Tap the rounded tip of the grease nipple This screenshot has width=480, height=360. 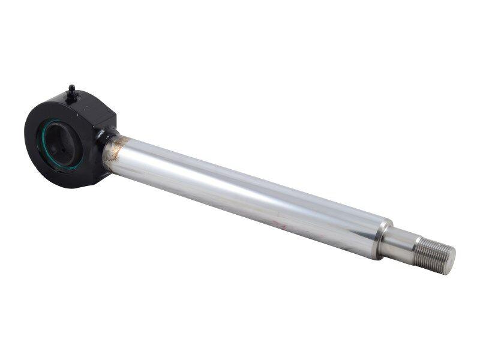[71, 87]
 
